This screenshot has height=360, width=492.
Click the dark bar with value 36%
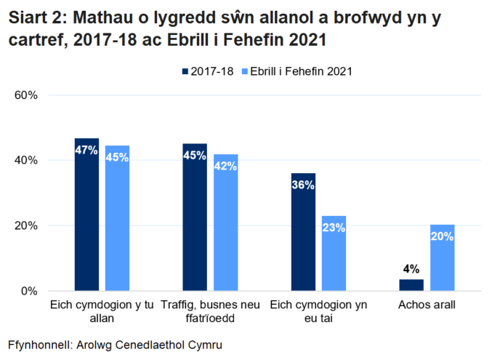pyautogui.click(x=303, y=232)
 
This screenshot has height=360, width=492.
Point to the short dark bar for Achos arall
pyautogui.click(x=411, y=285)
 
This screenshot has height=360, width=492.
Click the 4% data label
pyautogui.click(x=411, y=268)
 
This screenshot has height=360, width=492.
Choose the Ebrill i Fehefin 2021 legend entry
pyautogui.click(x=297, y=71)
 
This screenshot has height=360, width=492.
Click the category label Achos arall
pyautogui.click(x=427, y=305)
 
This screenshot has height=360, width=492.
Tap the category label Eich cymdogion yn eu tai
pyautogui.click(x=318, y=311)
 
